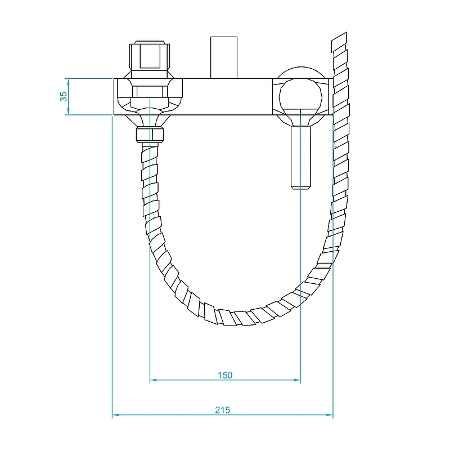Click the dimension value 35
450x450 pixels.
tap(64, 96)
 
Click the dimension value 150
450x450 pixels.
tap(225, 375)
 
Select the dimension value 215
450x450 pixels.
tap(222, 410)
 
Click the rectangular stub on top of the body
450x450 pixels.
tap(223, 56)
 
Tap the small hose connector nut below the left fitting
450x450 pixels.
tap(150, 135)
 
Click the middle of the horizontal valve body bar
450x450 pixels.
tap(225, 96)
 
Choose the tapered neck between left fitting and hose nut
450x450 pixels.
tap(150, 118)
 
